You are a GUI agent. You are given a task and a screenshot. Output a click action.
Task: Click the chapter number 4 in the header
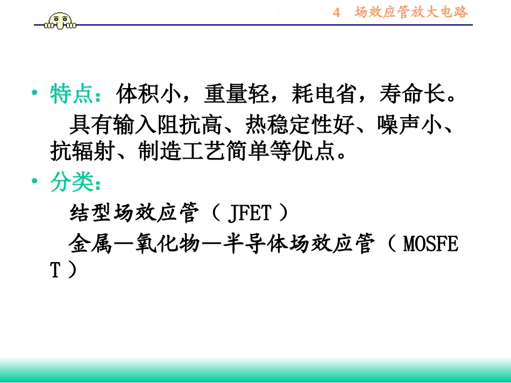tap(337, 13)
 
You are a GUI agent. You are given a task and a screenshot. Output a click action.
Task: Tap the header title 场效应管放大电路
tap(411, 12)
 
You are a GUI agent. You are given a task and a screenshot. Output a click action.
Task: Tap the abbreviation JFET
tap(250, 214)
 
